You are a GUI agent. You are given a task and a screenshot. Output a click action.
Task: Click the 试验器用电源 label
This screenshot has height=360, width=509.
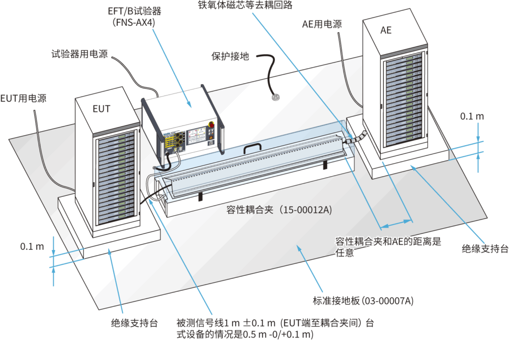pyautogui.click(x=79, y=54)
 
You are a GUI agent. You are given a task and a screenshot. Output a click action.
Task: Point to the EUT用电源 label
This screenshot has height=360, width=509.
pyautogui.click(x=23, y=98)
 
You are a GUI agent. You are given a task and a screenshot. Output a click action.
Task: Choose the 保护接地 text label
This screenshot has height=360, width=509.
pyautogui.click(x=230, y=56)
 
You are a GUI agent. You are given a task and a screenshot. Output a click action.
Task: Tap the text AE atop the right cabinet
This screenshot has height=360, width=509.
pyautogui.click(x=386, y=30)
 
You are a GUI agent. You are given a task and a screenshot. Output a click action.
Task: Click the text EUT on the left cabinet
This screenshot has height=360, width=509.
pyautogui.click(x=101, y=108)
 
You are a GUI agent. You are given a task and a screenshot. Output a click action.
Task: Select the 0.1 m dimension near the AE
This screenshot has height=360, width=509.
pyautogui.click(x=472, y=116)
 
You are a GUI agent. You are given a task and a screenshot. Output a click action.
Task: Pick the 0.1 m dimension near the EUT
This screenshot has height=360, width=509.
pyautogui.click(x=32, y=246)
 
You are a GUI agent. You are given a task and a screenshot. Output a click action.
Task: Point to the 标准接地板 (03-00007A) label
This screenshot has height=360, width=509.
pyautogui.click(x=363, y=301)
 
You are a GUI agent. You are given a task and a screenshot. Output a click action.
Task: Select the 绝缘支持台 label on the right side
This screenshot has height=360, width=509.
pyautogui.click(x=485, y=249)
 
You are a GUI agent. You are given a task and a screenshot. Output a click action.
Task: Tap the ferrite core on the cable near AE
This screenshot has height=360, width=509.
pyautogui.click(x=357, y=138)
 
